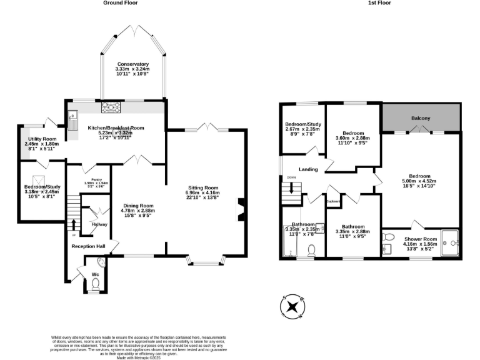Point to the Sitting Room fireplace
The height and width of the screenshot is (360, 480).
coord(240,210)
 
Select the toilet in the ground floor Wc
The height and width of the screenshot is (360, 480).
coord(96,284)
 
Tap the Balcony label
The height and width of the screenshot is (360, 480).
coord(421,118)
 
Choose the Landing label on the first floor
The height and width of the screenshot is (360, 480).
coord(308,169)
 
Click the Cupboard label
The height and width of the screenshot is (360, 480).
coord(333,201)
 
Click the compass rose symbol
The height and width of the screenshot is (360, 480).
coord(292,306)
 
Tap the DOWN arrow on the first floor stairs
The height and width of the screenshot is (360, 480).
coord(292,186)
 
